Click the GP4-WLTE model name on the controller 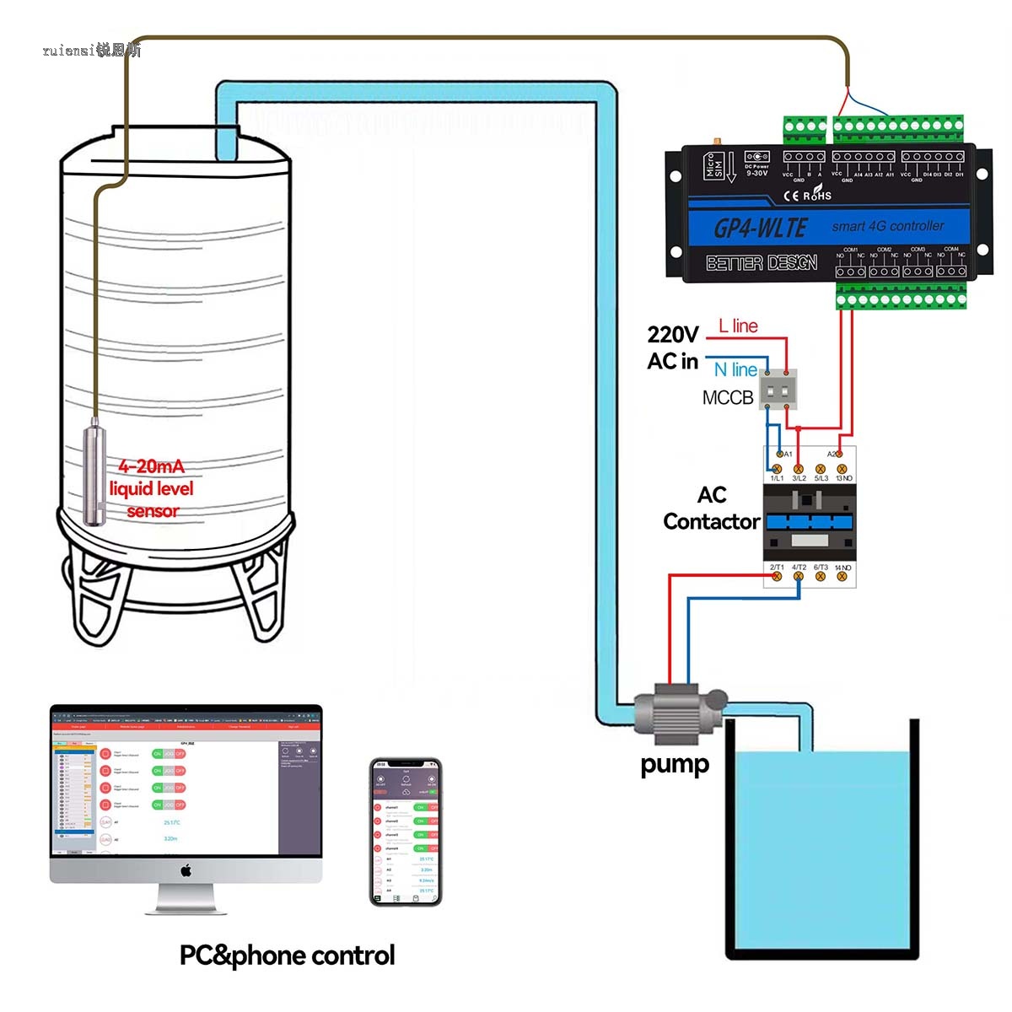[760, 228]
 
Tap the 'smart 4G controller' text [887, 226]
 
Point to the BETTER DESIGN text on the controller [762, 263]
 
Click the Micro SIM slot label [710, 165]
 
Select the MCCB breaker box [778, 389]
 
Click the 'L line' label [738, 326]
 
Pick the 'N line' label [735, 369]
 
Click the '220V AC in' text [672, 347]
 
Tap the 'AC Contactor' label [711, 509]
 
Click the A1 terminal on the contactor [780, 454]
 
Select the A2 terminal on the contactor [838, 454]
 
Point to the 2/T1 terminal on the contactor [777, 576]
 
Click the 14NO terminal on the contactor [842, 576]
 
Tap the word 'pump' [675, 765]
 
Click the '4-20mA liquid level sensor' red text [152, 488]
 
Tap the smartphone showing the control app [406, 832]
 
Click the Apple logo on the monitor [186, 870]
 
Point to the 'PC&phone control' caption [287, 955]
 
